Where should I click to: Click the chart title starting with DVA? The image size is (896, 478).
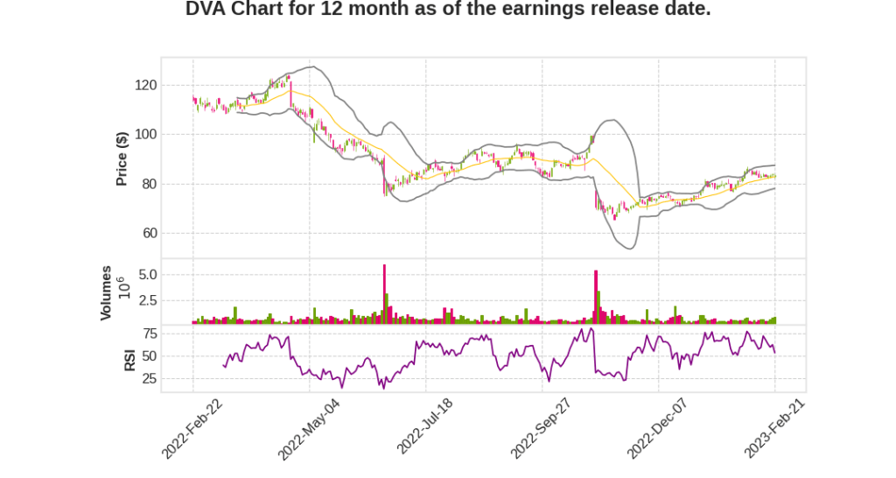[448, 11]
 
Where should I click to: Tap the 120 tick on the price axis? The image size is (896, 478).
[145, 85]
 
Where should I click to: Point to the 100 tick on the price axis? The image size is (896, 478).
[145, 134]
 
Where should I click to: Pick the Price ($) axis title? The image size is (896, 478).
[122, 158]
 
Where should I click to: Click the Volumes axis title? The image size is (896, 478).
[106, 292]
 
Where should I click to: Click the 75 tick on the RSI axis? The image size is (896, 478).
[149, 334]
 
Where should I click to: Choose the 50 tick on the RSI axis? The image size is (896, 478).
[149, 356]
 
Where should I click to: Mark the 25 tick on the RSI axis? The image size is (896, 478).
[149, 379]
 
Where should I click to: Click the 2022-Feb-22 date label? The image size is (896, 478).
[192, 428]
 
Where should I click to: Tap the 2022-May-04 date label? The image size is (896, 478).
[308, 428]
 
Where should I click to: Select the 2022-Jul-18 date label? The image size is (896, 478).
[425, 428]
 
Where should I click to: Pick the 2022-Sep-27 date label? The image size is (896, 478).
[541, 428]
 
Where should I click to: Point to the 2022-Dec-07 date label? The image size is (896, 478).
[657, 428]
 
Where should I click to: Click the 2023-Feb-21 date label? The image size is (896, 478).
[773, 428]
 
